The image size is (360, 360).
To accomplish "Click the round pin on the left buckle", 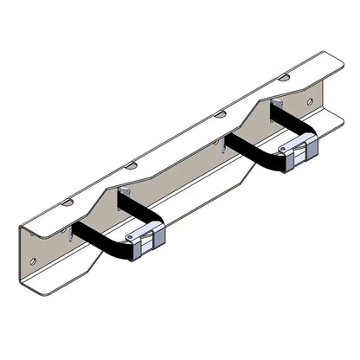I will [x=131, y=237].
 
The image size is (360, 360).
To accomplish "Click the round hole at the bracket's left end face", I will [x=33, y=260].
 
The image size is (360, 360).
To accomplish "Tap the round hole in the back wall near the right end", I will [x=310, y=101].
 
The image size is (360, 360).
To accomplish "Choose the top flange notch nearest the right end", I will [x=284, y=77].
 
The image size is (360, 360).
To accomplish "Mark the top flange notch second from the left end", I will [x=131, y=164].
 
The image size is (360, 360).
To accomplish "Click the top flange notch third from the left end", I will [x=221, y=113].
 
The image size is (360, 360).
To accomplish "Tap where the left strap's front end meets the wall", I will [x=74, y=228].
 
